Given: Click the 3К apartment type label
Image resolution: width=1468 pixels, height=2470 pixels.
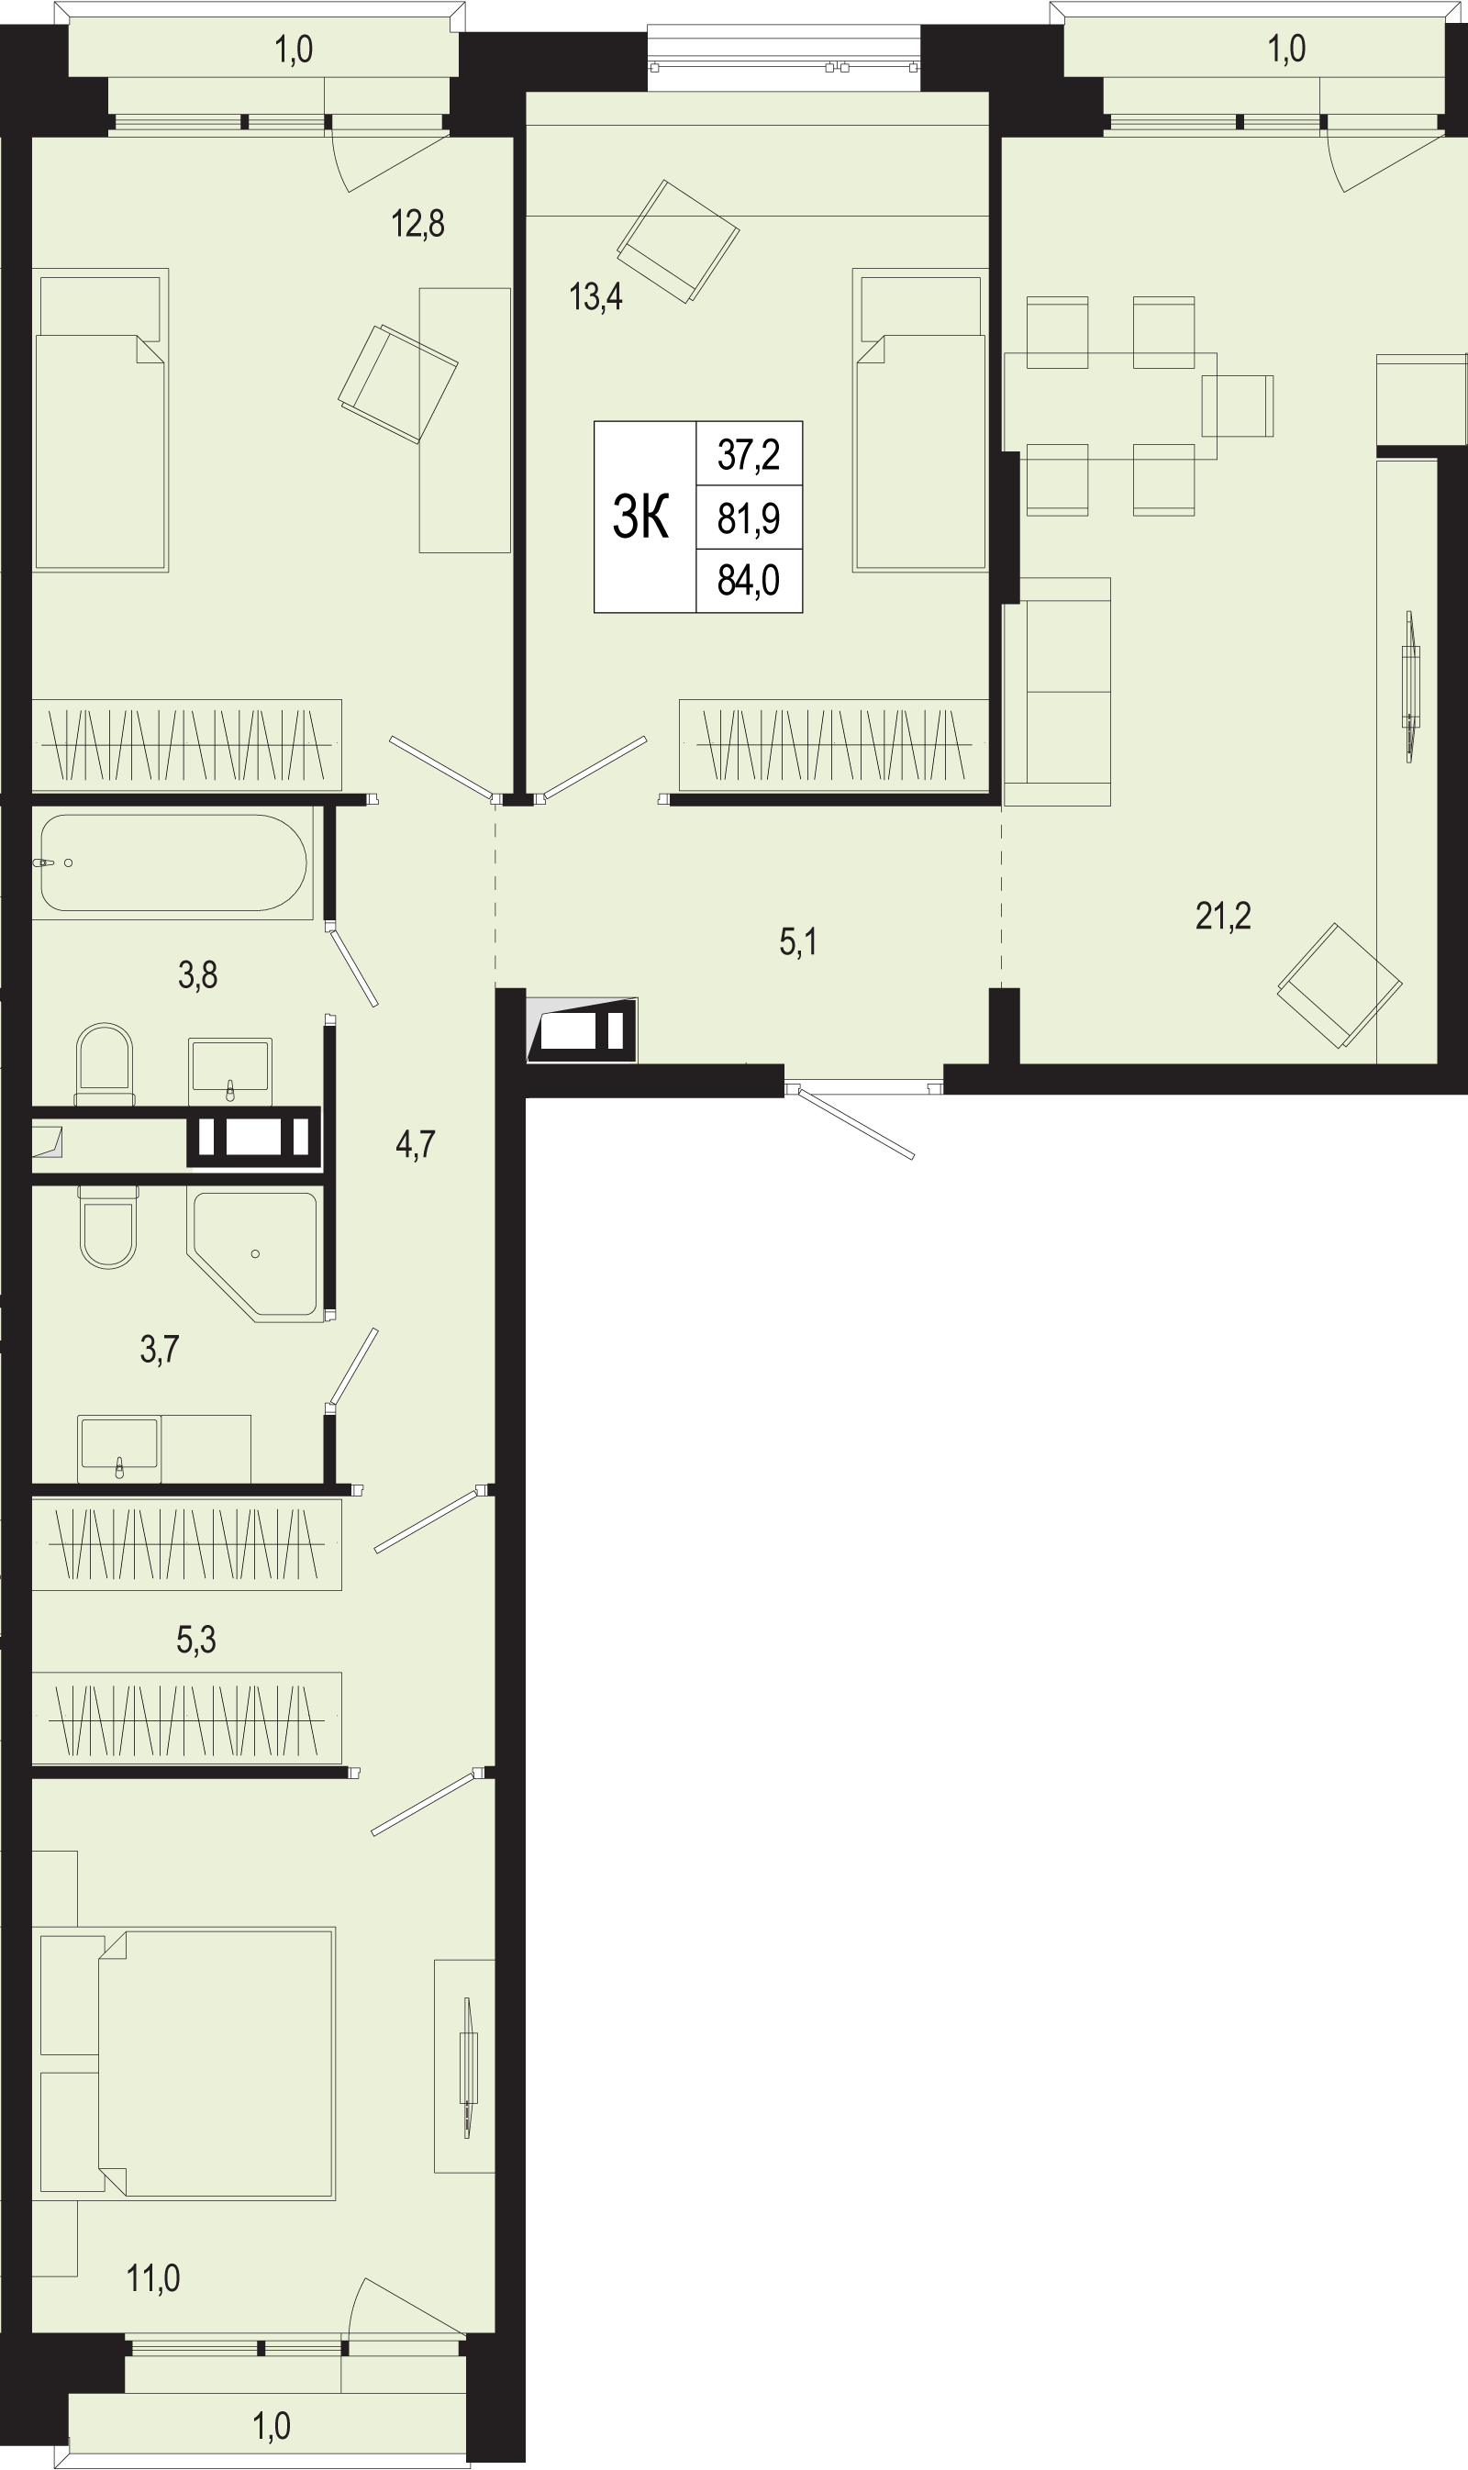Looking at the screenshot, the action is (x=641, y=517).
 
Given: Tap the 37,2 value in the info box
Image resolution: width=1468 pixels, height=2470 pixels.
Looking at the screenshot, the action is (x=749, y=454).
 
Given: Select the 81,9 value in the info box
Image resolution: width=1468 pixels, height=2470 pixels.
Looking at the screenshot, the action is (x=749, y=517).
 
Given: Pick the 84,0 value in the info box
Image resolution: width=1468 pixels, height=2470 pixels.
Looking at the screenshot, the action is (x=749, y=580).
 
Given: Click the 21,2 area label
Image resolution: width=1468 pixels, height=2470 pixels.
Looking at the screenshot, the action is (x=1223, y=916).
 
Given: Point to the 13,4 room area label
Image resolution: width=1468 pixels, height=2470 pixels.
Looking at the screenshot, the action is (x=595, y=295).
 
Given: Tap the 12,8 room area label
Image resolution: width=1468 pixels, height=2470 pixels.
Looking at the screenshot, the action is (x=417, y=224).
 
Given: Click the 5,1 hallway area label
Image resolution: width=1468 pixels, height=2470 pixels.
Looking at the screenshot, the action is (x=798, y=941).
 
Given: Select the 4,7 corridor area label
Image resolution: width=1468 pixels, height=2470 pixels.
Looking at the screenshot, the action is (x=416, y=1144).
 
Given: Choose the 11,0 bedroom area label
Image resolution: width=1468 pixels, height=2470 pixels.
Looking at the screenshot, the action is (x=153, y=2278).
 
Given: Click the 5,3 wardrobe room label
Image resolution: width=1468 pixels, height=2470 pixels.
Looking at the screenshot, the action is (x=195, y=1639).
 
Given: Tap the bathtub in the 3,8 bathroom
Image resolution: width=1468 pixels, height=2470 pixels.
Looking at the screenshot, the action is (x=173, y=862).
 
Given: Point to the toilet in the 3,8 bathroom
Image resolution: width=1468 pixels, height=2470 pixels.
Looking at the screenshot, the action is (x=104, y=1064).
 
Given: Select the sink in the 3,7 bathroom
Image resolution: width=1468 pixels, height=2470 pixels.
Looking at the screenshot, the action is (x=119, y=1447).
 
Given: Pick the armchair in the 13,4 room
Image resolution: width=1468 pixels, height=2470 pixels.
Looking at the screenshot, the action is (x=679, y=241).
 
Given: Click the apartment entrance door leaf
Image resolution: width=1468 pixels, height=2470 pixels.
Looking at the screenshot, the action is (x=856, y=1124).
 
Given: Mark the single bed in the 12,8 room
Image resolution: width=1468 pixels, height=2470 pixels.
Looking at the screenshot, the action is (x=100, y=420).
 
